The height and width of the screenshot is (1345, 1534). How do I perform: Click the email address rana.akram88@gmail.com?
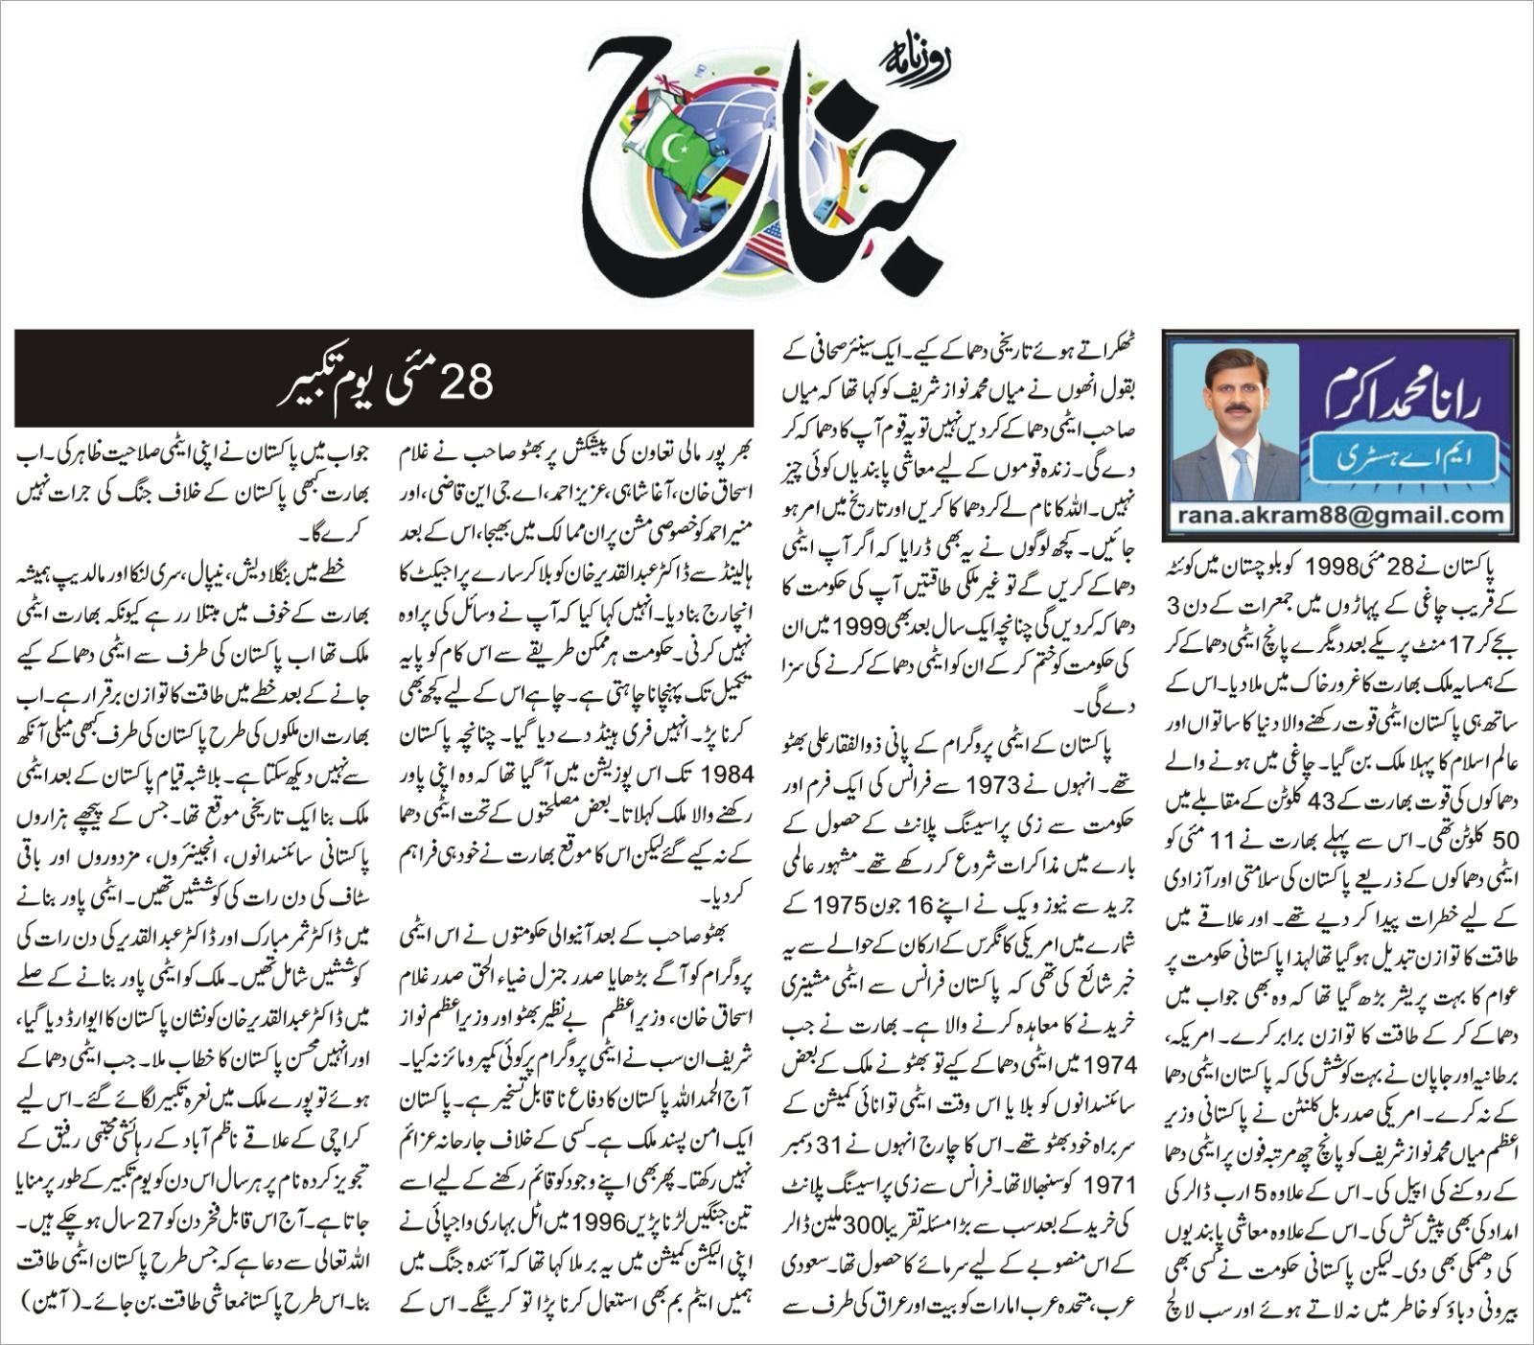point(1341,516)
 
